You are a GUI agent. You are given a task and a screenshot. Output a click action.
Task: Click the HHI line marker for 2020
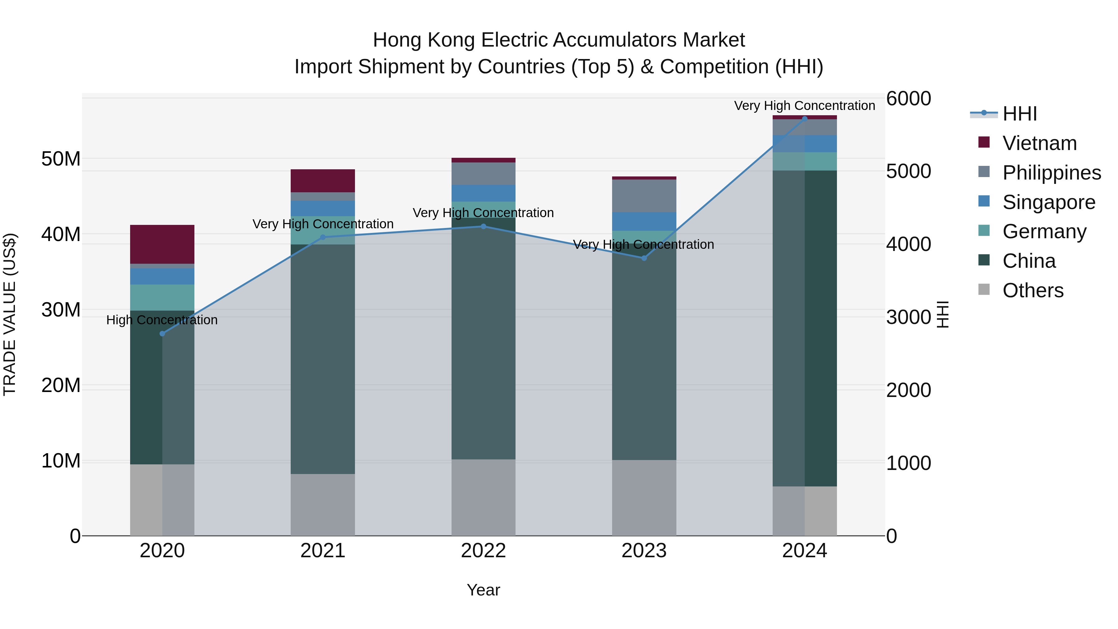162,333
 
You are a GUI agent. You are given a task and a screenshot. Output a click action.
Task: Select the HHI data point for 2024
805,119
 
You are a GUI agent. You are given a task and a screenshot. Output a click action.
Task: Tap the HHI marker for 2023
644,258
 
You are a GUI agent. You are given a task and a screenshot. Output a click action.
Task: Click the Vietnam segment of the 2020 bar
162,244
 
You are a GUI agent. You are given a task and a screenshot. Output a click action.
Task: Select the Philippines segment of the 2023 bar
644,195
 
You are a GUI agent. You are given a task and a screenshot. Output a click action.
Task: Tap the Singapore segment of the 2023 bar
644,221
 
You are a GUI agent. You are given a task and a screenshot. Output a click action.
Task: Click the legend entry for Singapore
1048,202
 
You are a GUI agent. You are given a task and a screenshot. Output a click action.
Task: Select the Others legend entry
1033,290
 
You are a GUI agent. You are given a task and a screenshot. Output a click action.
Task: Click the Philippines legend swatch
984,172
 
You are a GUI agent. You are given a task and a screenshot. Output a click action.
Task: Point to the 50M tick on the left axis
61,159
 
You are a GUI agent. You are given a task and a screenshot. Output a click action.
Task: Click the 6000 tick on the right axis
908,98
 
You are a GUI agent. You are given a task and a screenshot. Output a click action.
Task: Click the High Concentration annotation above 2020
162,320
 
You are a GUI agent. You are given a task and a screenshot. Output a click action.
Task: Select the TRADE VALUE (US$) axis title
10,314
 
